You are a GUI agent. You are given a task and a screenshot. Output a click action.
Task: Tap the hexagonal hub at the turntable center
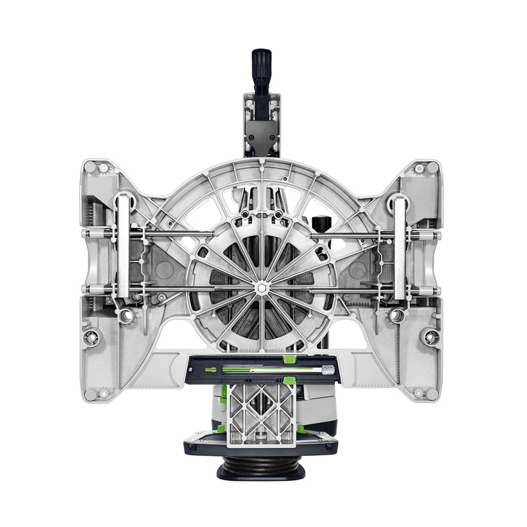click(262, 287)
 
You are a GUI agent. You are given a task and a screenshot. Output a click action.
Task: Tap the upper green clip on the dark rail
click(288, 360)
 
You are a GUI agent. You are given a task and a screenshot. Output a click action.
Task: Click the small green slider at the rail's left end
click(210, 370)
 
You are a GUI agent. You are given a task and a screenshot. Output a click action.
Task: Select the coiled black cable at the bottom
click(262, 466)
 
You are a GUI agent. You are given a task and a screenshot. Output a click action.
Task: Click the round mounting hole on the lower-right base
click(431, 337)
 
